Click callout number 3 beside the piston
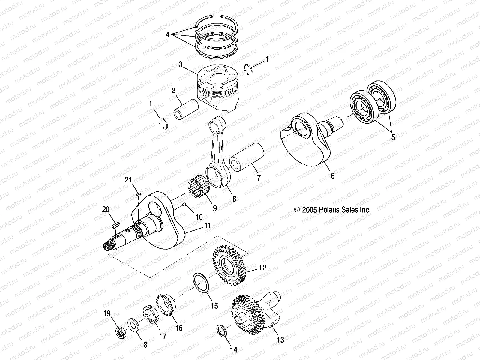point(180,64)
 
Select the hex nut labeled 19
point(121,332)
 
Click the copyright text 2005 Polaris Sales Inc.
point(333,210)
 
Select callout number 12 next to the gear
point(262,268)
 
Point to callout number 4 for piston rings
point(168,35)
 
